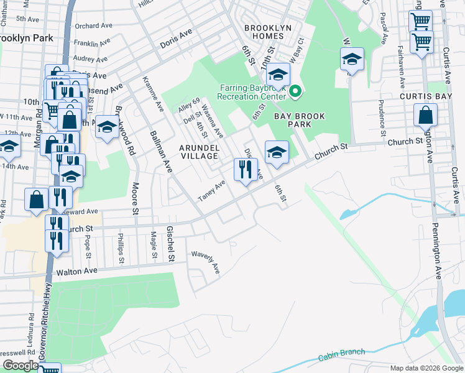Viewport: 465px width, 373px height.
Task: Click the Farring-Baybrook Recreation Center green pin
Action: point(295,93)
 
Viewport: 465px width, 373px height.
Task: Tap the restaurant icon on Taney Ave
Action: point(246,168)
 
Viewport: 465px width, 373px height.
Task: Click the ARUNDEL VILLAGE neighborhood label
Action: point(199,152)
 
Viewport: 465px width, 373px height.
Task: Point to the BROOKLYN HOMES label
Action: point(272,32)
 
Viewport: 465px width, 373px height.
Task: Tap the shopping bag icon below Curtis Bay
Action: point(426,116)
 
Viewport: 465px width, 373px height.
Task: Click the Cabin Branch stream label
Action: point(342,355)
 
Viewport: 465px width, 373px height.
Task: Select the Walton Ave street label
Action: point(77,272)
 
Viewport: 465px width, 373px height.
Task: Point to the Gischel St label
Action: point(170,243)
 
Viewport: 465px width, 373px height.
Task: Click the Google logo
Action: point(20,366)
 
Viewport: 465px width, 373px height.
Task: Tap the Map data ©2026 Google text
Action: point(425,368)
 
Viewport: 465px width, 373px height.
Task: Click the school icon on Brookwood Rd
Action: point(108,126)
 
